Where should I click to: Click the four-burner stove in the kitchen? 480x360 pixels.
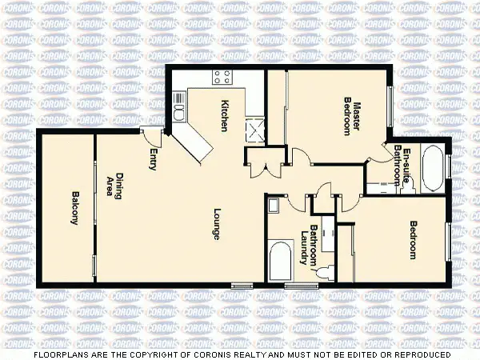pos(222,78)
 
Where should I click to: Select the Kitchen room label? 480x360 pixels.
pos(226,115)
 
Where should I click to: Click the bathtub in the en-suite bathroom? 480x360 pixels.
pos(432,168)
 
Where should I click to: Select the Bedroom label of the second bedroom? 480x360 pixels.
pos(414,239)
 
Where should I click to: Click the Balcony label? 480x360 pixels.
pos(74,209)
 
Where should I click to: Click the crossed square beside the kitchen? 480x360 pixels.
pos(257,130)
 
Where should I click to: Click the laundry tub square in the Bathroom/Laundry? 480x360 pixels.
pos(273,206)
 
